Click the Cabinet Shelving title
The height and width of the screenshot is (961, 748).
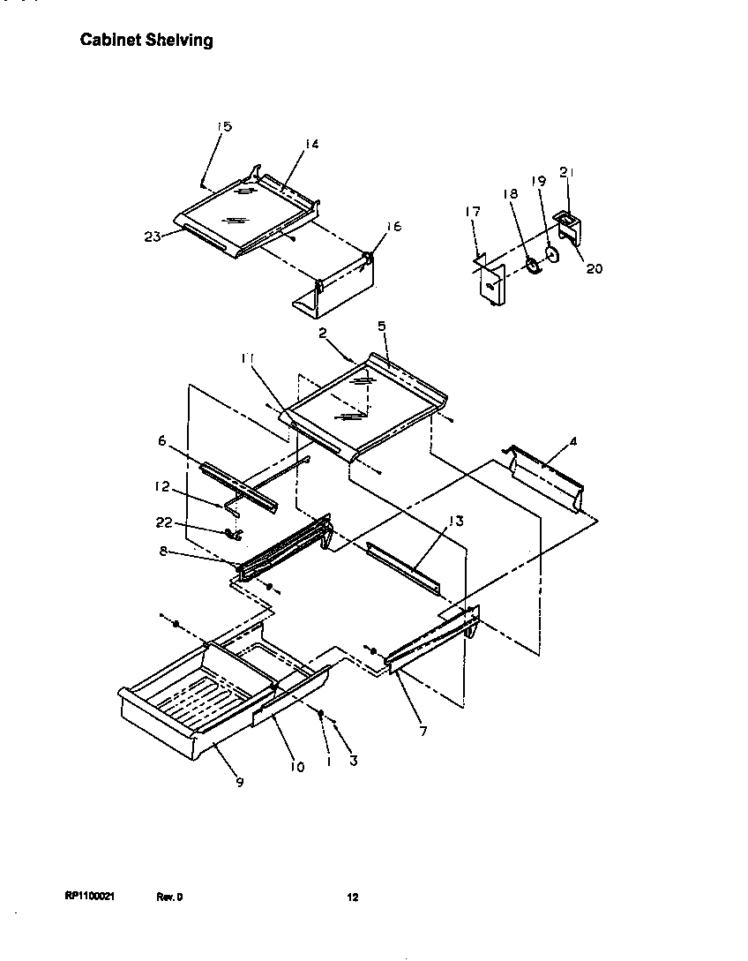pyautogui.click(x=146, y=41)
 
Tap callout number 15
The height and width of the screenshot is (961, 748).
pyautogui.click(x=224, y=127)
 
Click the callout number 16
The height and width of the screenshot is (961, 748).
pyautogui.click(x=393, y=227)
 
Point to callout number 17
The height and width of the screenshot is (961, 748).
pyautogui.click(x=473, y=212)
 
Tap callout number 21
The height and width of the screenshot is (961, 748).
pyautogui.click(x=567, y=171)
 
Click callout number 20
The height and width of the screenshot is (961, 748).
pyautogui.click(x=595, y=268)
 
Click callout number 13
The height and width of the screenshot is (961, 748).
pyautogui.click(x=455, y=521)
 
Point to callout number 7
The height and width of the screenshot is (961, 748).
pyautogui.click(x=424, y=731)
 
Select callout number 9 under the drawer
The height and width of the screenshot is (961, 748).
pyautogui.click(x=240, y=781)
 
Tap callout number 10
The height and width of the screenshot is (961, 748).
pyautogui.click(x=296, y=767)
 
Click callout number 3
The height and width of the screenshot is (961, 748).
pyautogui.click(x=353, y=760)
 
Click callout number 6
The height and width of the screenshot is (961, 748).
pyautogui.click(x=161, y=439)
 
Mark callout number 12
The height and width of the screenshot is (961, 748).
pyautogui.click(x=162, y=486)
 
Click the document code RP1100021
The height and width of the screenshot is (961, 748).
pyautogui.click(x=89, y=897)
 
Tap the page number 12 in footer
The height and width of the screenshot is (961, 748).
pyautogui.click(x=352, y=897)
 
